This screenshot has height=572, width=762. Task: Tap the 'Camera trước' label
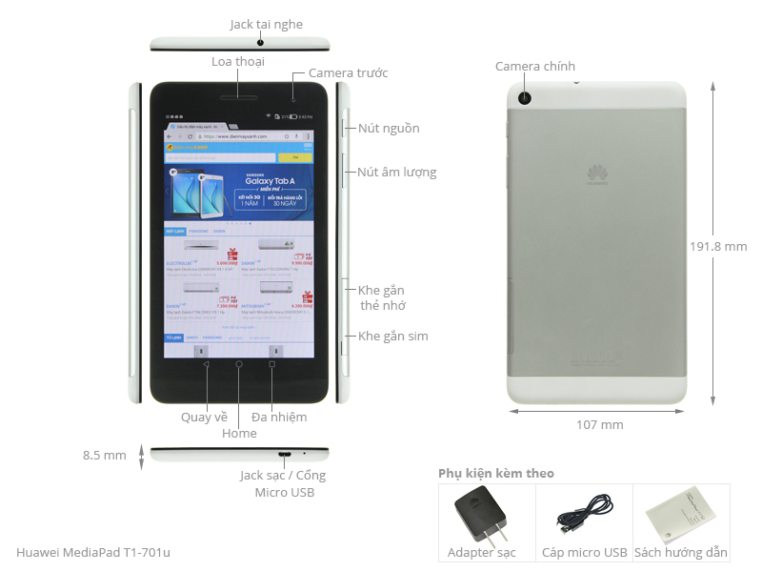348,73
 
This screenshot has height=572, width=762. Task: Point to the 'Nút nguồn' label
389,129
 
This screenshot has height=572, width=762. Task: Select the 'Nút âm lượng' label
396,173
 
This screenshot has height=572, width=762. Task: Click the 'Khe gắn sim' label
392,337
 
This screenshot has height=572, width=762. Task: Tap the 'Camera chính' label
535,67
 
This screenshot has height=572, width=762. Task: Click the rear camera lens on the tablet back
525,97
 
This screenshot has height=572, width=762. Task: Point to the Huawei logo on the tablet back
597,174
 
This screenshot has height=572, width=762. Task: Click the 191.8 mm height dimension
718,246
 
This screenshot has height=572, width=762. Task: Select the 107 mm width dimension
600,424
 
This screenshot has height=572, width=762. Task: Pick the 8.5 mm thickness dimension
105,456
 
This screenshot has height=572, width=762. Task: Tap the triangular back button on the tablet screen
206,364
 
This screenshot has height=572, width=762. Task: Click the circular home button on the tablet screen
239,364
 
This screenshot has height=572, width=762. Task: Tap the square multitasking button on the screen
272,364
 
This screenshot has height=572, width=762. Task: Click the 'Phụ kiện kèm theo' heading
495,474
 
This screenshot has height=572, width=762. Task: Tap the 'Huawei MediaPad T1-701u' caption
93,552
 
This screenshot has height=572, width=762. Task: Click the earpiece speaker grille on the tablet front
239,96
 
